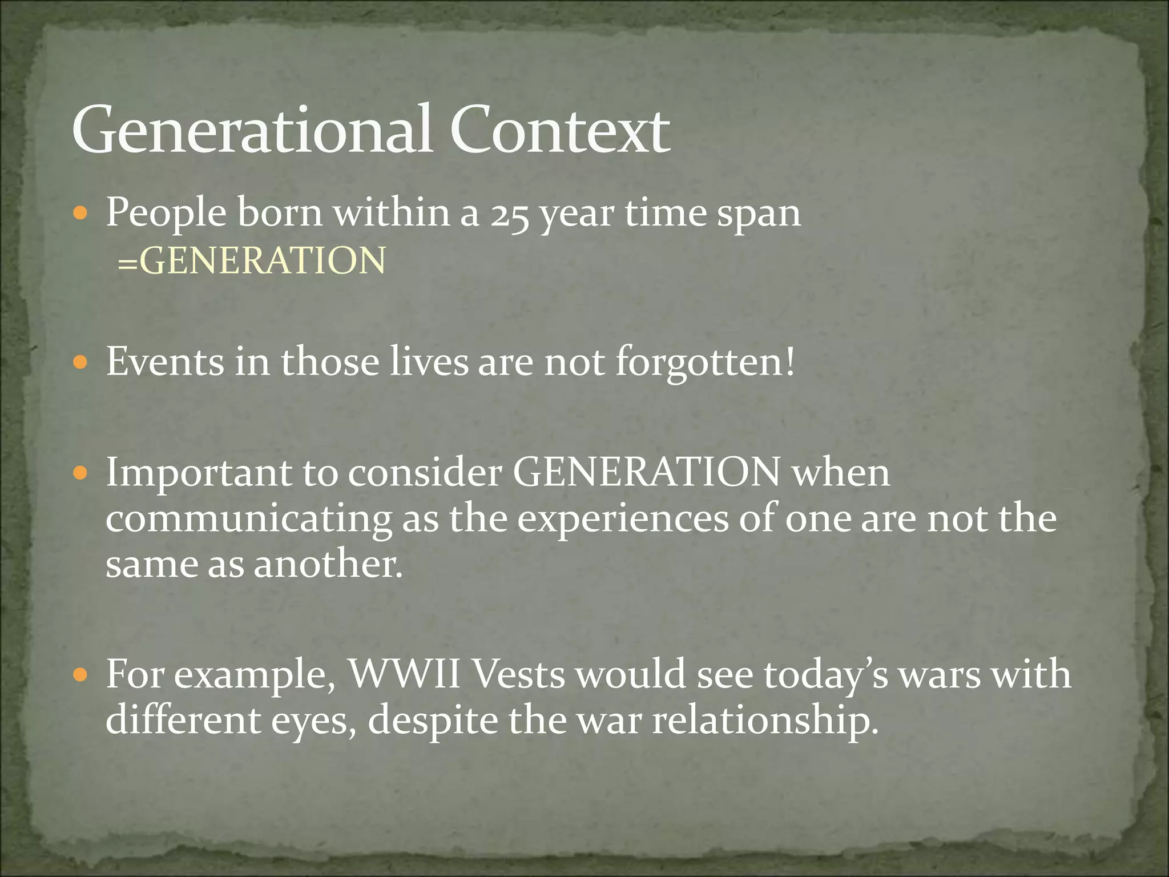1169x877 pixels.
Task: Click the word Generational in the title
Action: [x=251, y=130]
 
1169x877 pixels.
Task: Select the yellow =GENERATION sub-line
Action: [x=252, y=260]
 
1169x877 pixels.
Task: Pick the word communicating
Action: [x=248, y=519]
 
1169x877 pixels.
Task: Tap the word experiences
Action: [x=623, y=519]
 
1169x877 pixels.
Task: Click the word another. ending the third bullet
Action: [x=328, y=565]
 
